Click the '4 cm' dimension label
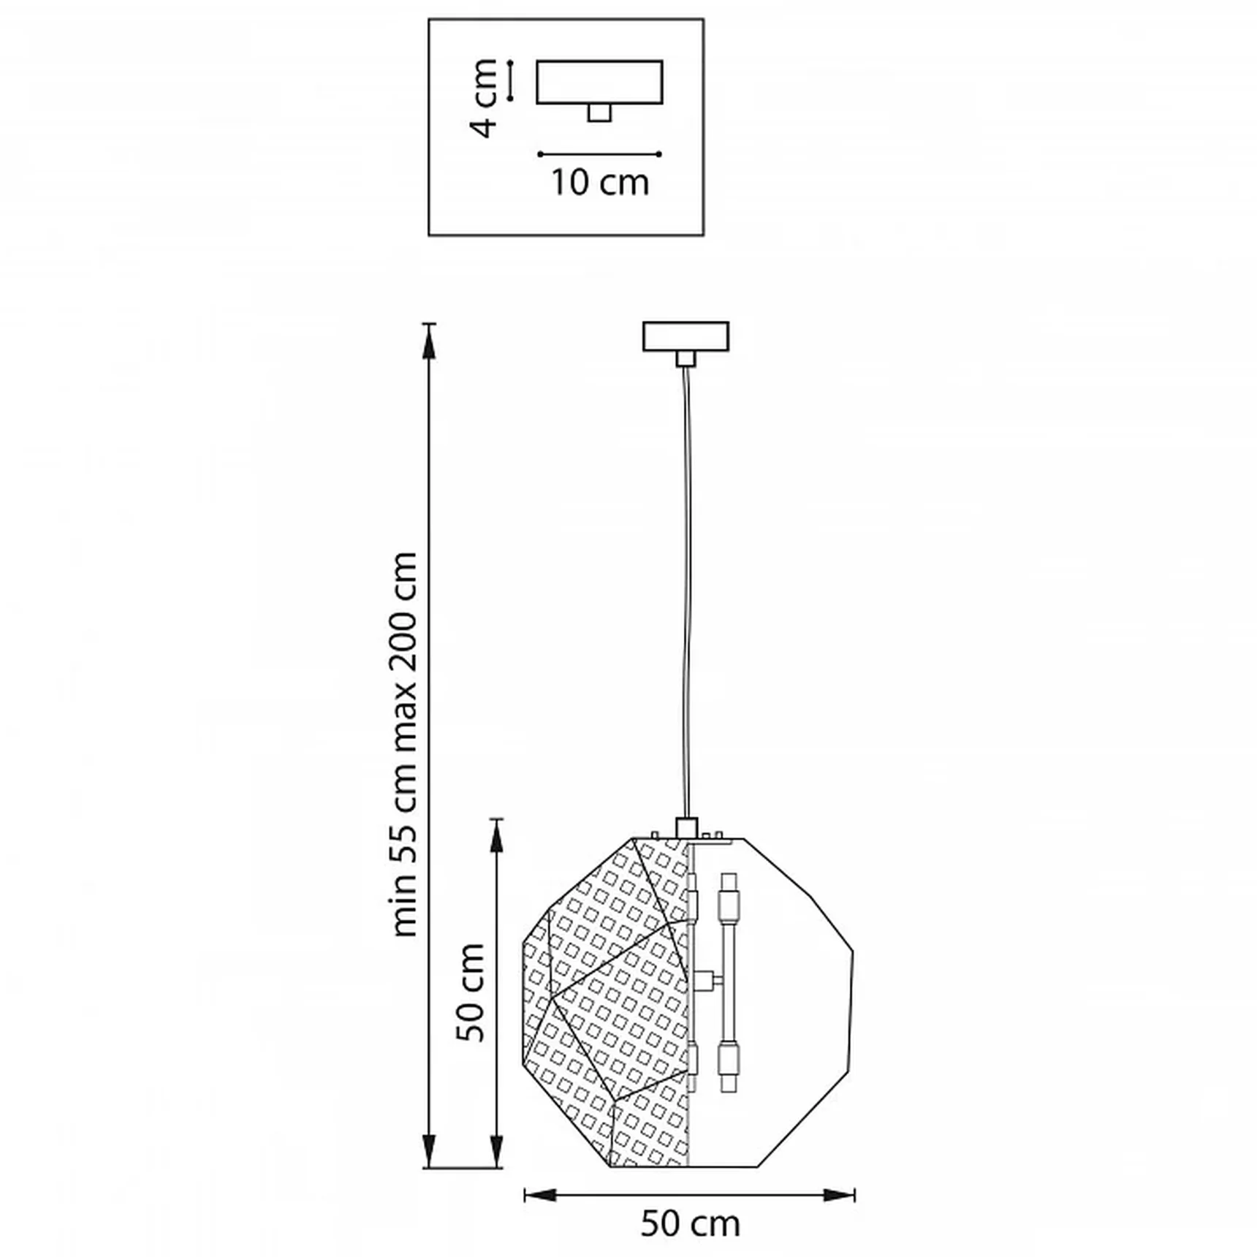[485, 98]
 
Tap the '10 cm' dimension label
[600, 183]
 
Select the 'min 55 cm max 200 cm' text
[404, 745]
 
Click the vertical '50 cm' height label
[471, 992]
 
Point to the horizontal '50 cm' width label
[690, 1223]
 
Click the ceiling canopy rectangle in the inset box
[600, 82]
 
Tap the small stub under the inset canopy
[599, 113]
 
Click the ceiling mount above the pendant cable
[686, 336]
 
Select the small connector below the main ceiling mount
[686, 358]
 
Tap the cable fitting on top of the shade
[686, 828]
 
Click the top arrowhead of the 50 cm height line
[497, 836]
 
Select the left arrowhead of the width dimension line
[541, 1195]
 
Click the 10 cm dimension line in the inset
[599, 154]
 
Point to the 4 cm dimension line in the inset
[510, 80]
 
